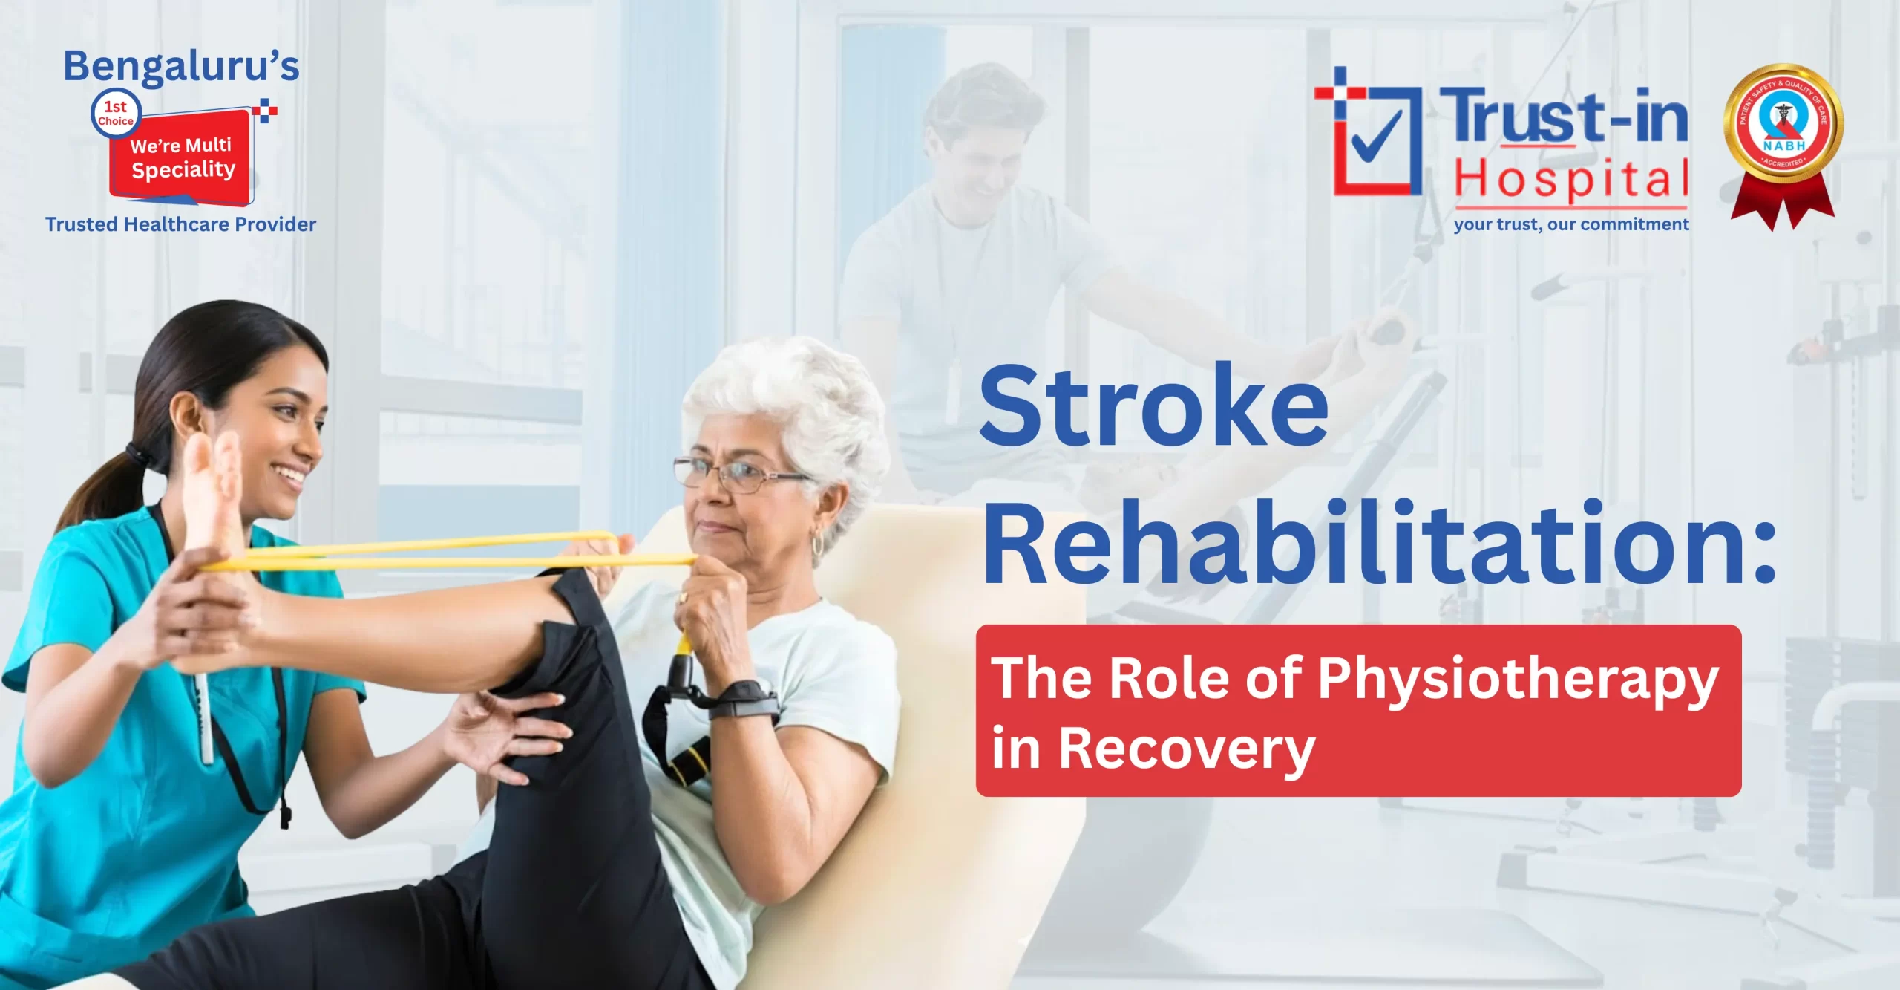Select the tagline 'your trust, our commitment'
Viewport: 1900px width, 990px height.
[x=1570, y=224]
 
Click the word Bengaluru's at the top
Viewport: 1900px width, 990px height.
[x=181, y=67]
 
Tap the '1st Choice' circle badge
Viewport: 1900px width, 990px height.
[x=115, y=114]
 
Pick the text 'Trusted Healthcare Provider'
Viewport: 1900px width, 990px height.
[x=180, y=224]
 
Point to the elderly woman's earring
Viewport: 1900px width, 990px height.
[x=817, y=546]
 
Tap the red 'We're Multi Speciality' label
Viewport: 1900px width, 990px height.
[x=182, y=157]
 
